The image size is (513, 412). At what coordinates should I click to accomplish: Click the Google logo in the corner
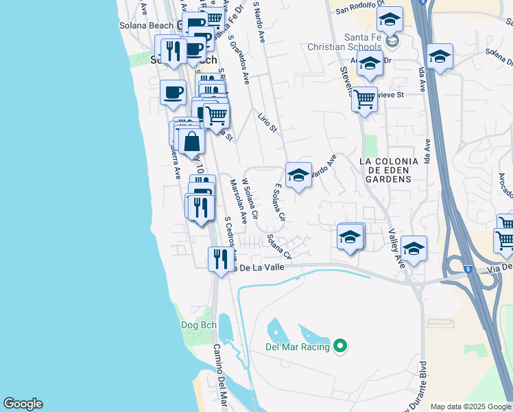(x=23, y=404)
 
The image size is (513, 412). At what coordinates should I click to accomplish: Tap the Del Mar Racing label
(x=298, y=347)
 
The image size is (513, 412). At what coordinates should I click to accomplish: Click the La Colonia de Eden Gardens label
(x=387, y=170)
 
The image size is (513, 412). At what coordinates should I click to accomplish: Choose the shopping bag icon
(x=193, y=142)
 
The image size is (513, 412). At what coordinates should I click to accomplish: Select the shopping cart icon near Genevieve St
(x=364, y=100)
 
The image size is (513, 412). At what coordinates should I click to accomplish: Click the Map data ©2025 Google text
(x=470, y=407)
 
